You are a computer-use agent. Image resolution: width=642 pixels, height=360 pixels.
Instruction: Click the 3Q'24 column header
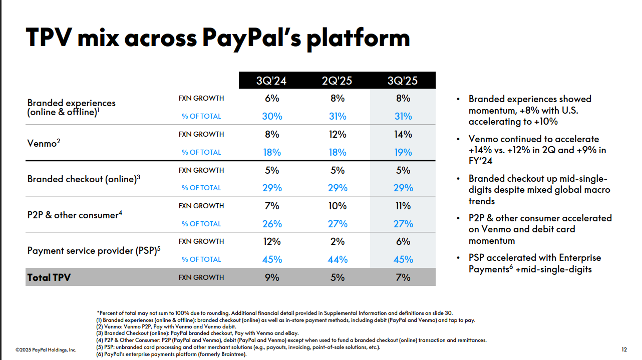[x=272, y=81]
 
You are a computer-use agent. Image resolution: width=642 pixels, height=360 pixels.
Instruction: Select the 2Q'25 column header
[x=338, y=81]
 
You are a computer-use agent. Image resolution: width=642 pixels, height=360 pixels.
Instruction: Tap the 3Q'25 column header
[x=403, y=81]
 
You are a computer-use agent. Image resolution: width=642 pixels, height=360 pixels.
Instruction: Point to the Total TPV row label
[x=49, y=277]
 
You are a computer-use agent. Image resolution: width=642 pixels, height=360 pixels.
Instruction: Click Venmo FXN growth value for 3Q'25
[x=403, y=134]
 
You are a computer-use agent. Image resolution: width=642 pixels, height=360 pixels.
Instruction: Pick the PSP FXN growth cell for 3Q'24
[x=272, y=241]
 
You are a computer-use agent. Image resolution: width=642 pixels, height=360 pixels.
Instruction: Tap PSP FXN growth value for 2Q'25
[x=338, y=241]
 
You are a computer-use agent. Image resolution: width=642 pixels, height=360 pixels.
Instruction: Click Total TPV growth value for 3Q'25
[x=403, y=277]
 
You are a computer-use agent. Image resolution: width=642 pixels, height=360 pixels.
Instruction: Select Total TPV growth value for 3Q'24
[x=272, y=277]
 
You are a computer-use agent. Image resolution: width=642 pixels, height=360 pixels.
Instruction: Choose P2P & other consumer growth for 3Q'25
[x=403, y=206]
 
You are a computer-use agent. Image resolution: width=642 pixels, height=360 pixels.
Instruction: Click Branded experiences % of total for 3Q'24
[x=272, y=116]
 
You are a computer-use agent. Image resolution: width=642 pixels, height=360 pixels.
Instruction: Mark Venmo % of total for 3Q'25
[x=403, y=152]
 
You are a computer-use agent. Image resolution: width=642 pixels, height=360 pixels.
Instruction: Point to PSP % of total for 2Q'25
[x=338, y=259]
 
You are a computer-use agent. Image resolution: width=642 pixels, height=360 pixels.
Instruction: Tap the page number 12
[x=623, y=349]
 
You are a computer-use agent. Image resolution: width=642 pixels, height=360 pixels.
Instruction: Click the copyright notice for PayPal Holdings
[x=46, y=350]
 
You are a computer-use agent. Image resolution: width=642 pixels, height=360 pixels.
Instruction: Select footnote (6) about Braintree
[x=171, y=354]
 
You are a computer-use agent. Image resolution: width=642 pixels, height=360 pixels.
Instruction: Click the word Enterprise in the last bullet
[x=574, y=258]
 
